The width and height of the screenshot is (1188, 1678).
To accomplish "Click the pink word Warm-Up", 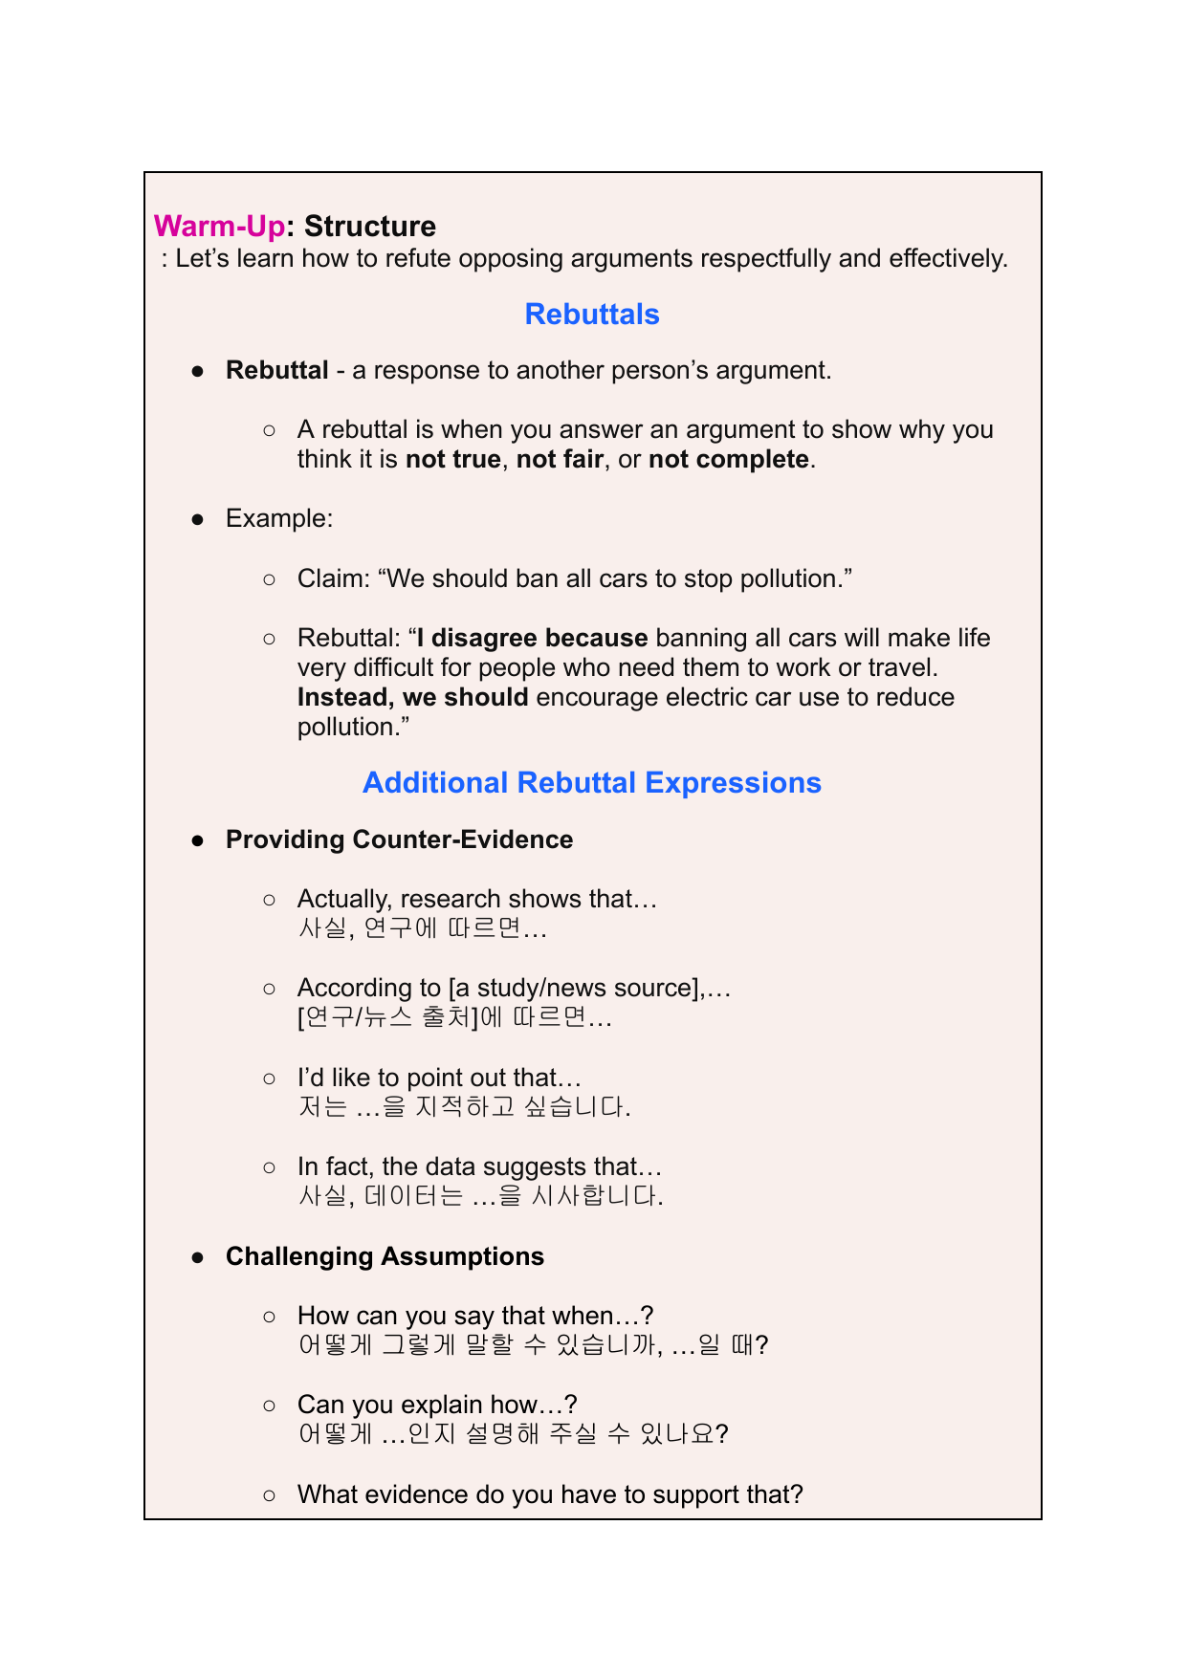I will [219, 227].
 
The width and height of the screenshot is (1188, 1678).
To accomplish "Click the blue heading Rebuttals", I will [592, 315].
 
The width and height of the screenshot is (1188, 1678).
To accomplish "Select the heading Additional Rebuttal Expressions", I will [592, 783].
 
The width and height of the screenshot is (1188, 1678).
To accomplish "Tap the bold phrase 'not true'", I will [453, 460].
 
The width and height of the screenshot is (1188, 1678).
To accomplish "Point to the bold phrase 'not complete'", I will [729, 460].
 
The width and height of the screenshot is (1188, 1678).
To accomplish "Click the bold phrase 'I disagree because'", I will [532, 638].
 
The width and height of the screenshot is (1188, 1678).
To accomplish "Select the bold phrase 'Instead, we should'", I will [413, 697].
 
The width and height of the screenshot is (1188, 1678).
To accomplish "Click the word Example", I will [277, 519].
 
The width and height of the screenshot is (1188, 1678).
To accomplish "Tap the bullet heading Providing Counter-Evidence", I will [399, 839].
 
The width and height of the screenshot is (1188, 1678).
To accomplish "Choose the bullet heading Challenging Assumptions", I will [385, 1256].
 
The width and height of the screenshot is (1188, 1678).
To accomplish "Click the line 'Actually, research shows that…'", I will [477, 899].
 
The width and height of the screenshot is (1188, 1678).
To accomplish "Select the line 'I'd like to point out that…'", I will [439, 1078].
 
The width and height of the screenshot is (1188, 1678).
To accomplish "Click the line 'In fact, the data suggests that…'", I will [479, 1166].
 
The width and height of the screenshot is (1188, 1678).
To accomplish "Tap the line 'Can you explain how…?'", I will [437, 1405].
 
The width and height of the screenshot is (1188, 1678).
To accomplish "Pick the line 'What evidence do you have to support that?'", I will [550, 1494].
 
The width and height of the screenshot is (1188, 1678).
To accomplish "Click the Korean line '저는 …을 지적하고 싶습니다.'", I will [465, 1107].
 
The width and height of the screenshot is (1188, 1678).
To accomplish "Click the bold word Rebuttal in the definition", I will [277, 371].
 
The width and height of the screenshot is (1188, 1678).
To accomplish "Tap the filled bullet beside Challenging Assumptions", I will [198, 1257].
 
